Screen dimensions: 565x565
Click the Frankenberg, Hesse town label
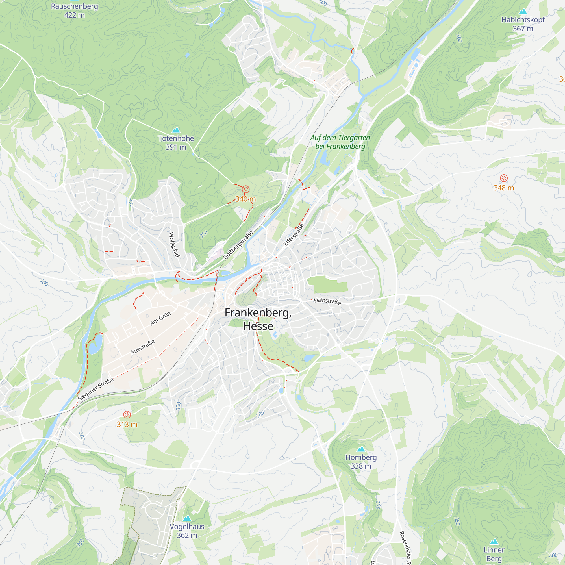click(258, 319)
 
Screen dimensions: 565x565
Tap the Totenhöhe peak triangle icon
click(176, 130)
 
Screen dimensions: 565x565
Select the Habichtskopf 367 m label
click(523, 24)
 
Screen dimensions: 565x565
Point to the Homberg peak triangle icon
click(361, 449)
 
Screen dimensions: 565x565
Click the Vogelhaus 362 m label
click(187, 531)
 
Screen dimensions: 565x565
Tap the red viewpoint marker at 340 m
click(246, 190)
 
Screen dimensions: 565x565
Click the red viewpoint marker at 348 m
click(504, 178)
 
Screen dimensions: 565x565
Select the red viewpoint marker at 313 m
click(127, 414)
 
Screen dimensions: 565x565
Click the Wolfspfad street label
click(174, 244)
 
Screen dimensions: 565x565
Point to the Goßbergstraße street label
click(238, 245)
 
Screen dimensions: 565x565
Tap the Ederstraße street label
click(293, 234)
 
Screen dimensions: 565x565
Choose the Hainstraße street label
click(327, 301)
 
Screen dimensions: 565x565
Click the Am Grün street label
click(160, 318)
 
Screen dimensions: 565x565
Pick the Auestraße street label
click(143, 347)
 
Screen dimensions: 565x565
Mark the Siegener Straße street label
click(96, 389)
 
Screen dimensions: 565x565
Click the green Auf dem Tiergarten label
click(340, 142)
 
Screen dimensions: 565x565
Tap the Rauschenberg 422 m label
click(74, 10)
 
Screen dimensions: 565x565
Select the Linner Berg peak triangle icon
click(494, 541)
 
